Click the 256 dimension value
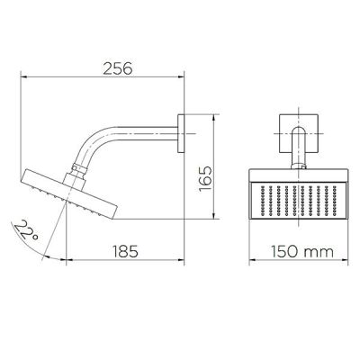(x=117, y=68)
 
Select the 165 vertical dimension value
(x=205, y=179)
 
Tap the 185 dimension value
(x=125, y=251)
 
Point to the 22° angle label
(x=26, y=230)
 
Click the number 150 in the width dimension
(x=285, y=251)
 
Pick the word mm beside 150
(x=319, y=253)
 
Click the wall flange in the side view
(x=181, y=133)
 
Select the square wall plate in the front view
(x=299, y=133)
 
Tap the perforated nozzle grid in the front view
(x=298, y=201)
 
